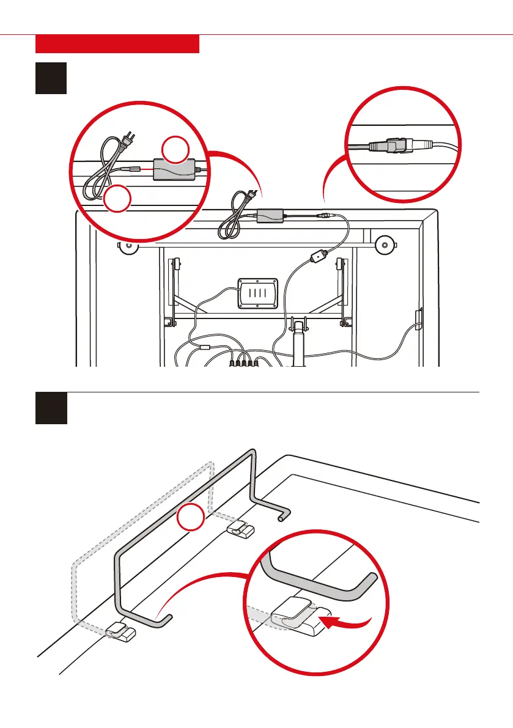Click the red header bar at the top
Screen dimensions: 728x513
tap(117, 44)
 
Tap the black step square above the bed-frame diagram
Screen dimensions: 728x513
tap(51, 78)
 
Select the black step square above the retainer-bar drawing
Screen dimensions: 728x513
tap(51, 408)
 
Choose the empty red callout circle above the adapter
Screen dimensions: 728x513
tap(175, 150)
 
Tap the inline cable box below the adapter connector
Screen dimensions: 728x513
tap(318, 257)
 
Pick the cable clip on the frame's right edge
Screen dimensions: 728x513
tap(418, 320)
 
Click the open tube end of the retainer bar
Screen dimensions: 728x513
tap(282, 517)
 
